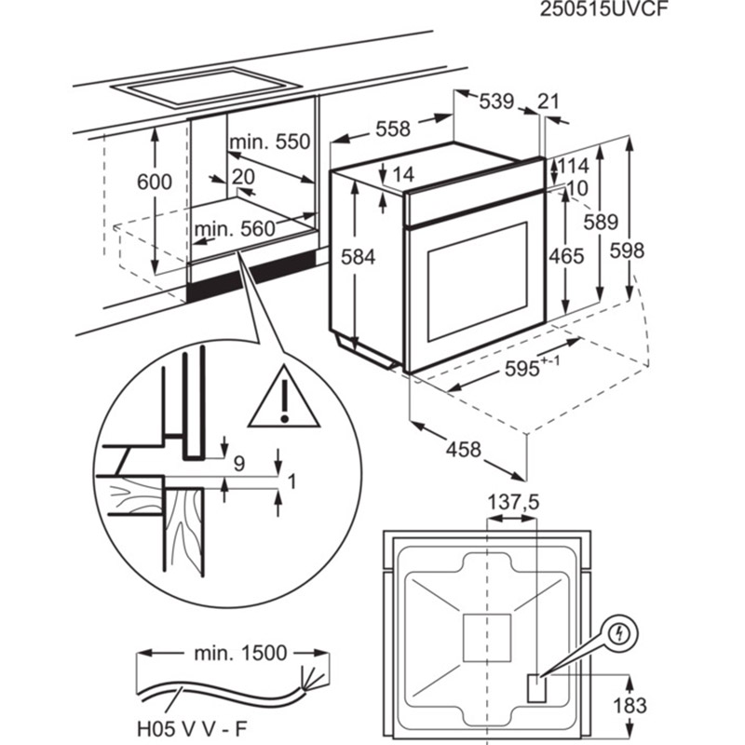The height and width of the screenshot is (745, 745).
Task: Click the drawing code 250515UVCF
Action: [x=603, y=9]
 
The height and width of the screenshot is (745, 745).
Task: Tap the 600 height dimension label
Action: [x=155, y=182]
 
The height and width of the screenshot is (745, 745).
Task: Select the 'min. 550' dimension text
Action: [x=270, y=142]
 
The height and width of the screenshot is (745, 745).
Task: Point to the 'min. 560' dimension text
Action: [x=235, y=229]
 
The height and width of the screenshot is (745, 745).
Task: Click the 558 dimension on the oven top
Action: [x=393, y=129]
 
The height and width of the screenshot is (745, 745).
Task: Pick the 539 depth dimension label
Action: [x=496, y=102]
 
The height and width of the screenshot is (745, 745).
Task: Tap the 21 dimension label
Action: [x=549, y=102]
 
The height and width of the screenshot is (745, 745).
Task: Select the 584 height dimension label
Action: [x=359, y=257]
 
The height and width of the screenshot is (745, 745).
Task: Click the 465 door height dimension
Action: [x=566, y=257]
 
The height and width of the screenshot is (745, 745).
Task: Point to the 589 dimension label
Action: [x=601, y=222]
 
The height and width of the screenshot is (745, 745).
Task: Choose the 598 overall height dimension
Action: [x=627, y=251]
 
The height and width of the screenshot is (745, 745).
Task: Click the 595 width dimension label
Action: [x=532, y=367]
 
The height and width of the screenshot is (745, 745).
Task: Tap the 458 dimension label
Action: [x=463, y=450]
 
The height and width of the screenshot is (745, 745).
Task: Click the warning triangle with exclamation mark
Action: [x=284, y=398]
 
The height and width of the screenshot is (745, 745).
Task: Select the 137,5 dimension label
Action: [x=514, y=502]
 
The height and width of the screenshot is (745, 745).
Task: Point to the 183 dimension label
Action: [x=630, y=706]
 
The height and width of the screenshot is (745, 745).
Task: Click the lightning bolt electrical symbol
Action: [x=619, y=634]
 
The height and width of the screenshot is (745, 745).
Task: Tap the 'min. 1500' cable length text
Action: [x=240, y=654]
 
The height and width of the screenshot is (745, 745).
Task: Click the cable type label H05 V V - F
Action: [x=193, y=727]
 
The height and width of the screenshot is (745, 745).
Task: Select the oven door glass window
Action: [x=478, y=281]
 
